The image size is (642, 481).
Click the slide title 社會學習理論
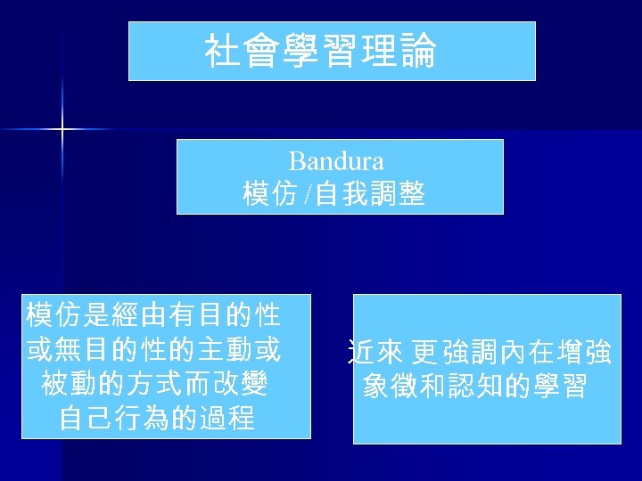click(320, 52)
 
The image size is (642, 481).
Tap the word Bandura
click(337, 161)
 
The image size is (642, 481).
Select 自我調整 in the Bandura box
click(369, 193)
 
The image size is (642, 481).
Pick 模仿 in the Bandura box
click(269, 193)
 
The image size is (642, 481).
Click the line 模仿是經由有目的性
click(153, 314)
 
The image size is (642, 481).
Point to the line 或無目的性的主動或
click(153, 349)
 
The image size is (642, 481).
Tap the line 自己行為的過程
click(157, 417)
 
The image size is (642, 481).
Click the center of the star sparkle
click(62, 130)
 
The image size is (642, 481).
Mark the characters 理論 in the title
click(407, 52)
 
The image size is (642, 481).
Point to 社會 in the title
click(234, 52)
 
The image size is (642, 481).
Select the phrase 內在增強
click(554, 354)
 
